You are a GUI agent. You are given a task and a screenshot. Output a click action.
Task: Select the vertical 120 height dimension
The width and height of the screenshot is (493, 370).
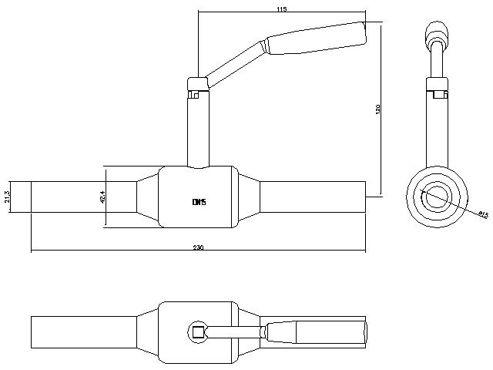(x=377, y=109)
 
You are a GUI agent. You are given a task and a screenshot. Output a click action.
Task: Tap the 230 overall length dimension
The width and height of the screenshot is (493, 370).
(x=198, y=247)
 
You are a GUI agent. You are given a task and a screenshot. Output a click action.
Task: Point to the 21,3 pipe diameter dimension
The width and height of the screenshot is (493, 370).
(x=8, y=197)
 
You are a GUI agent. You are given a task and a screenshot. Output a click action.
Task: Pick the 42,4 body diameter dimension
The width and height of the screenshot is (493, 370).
(x=102, y=198)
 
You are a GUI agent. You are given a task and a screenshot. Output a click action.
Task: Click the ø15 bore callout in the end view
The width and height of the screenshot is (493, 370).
(x=484, y=216)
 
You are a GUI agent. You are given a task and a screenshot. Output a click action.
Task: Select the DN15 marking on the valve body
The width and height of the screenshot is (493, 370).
(x=199, y=202)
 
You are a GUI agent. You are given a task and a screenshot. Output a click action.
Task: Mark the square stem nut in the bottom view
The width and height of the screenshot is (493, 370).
(x=198, y=332)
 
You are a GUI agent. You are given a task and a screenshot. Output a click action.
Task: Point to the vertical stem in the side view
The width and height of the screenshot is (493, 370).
(x=198, y=127)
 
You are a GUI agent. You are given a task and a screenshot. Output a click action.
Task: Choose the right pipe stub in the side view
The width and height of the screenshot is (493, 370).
(x=312, y=197)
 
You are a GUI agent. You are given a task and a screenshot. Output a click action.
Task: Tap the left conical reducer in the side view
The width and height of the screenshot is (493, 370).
(x=147, y=197)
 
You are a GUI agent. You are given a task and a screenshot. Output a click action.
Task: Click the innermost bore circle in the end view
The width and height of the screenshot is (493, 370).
(x=438, y=196)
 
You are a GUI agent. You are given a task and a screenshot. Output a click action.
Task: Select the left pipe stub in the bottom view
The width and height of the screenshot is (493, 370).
(x=83, y=332)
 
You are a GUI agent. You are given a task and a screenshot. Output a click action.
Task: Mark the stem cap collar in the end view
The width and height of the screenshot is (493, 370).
(x=438, y=85)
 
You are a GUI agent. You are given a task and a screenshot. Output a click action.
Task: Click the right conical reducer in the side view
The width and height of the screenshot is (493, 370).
(x=248, y=197)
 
